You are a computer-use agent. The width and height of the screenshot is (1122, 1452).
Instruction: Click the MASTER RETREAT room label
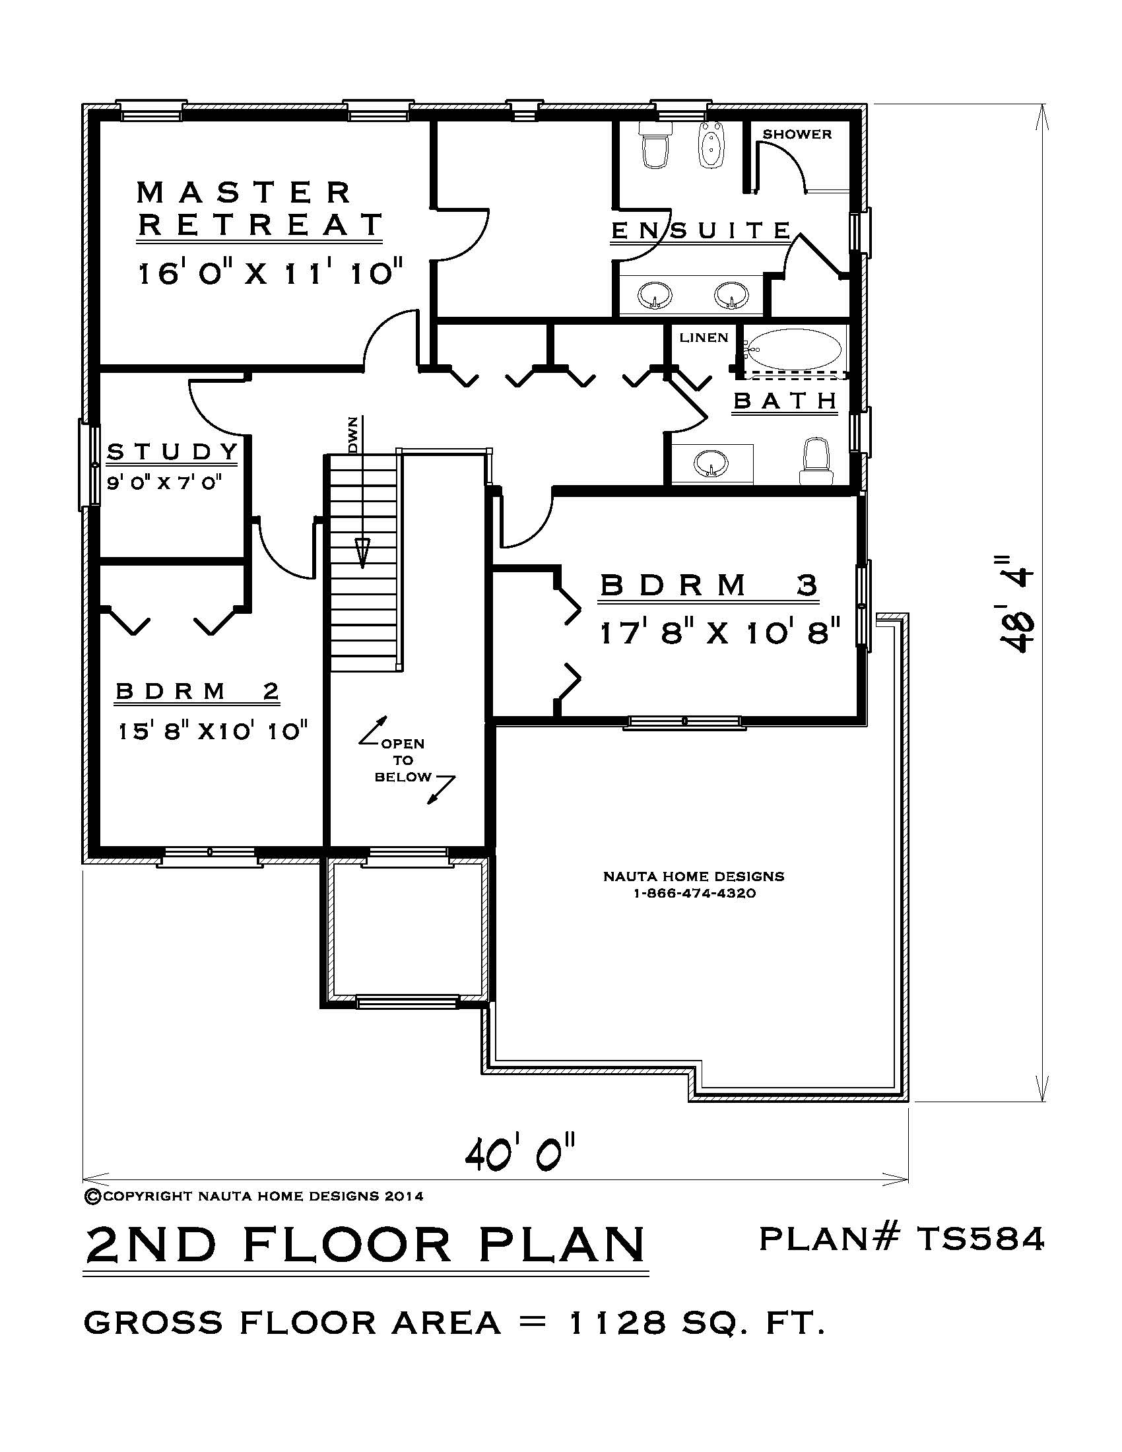[x=260, y=208]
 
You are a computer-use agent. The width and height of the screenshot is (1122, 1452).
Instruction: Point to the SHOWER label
[x=797, y=134]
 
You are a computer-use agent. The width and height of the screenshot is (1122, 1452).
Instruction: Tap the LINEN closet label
[x=704, y=338]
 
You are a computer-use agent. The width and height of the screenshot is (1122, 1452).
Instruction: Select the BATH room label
[x=785, y=401]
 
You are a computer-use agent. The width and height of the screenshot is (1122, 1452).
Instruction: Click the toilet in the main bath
[x=816, y=460]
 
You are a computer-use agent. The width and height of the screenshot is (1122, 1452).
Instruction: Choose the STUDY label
[x=172, y=452]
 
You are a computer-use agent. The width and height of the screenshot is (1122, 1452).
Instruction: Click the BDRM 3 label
[x=709, y=585]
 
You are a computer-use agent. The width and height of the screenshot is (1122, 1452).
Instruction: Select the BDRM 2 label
[x=197, y=692]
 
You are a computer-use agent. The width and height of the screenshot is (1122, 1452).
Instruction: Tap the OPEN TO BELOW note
[x=403, y=760]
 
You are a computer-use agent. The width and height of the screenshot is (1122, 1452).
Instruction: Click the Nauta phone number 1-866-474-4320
[x=693, y=894]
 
